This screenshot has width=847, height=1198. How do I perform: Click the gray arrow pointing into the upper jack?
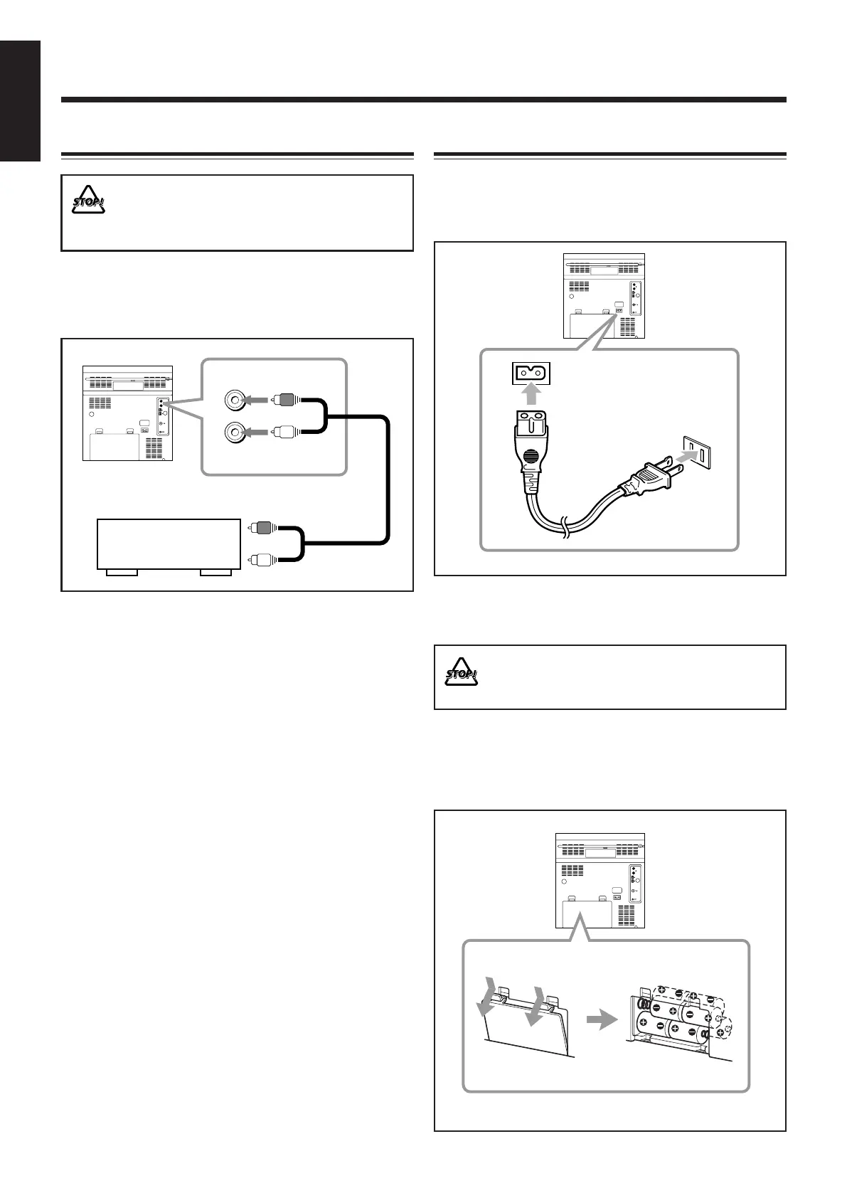pyautogui.click(x=255, y=401)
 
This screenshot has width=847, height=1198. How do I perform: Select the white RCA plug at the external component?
pyautogui.click(x=262, y=559)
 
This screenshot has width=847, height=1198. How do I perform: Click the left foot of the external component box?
pyautogui.click(x=122, y=572)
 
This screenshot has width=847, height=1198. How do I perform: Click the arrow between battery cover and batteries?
pyautogui.click(x=600, y=1021)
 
